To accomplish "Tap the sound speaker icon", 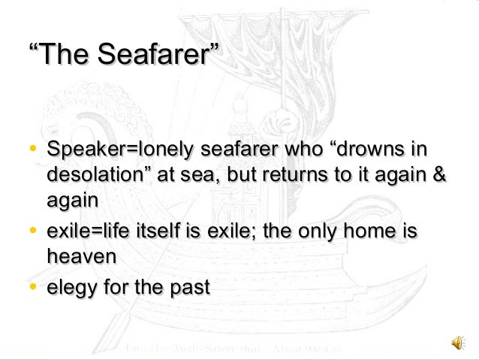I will pyautogui.click(x=457, y=343).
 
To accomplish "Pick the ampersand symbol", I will pyautogui.click(x=439, y=176).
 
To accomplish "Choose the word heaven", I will pyautogui.click(x=81, y=256).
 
